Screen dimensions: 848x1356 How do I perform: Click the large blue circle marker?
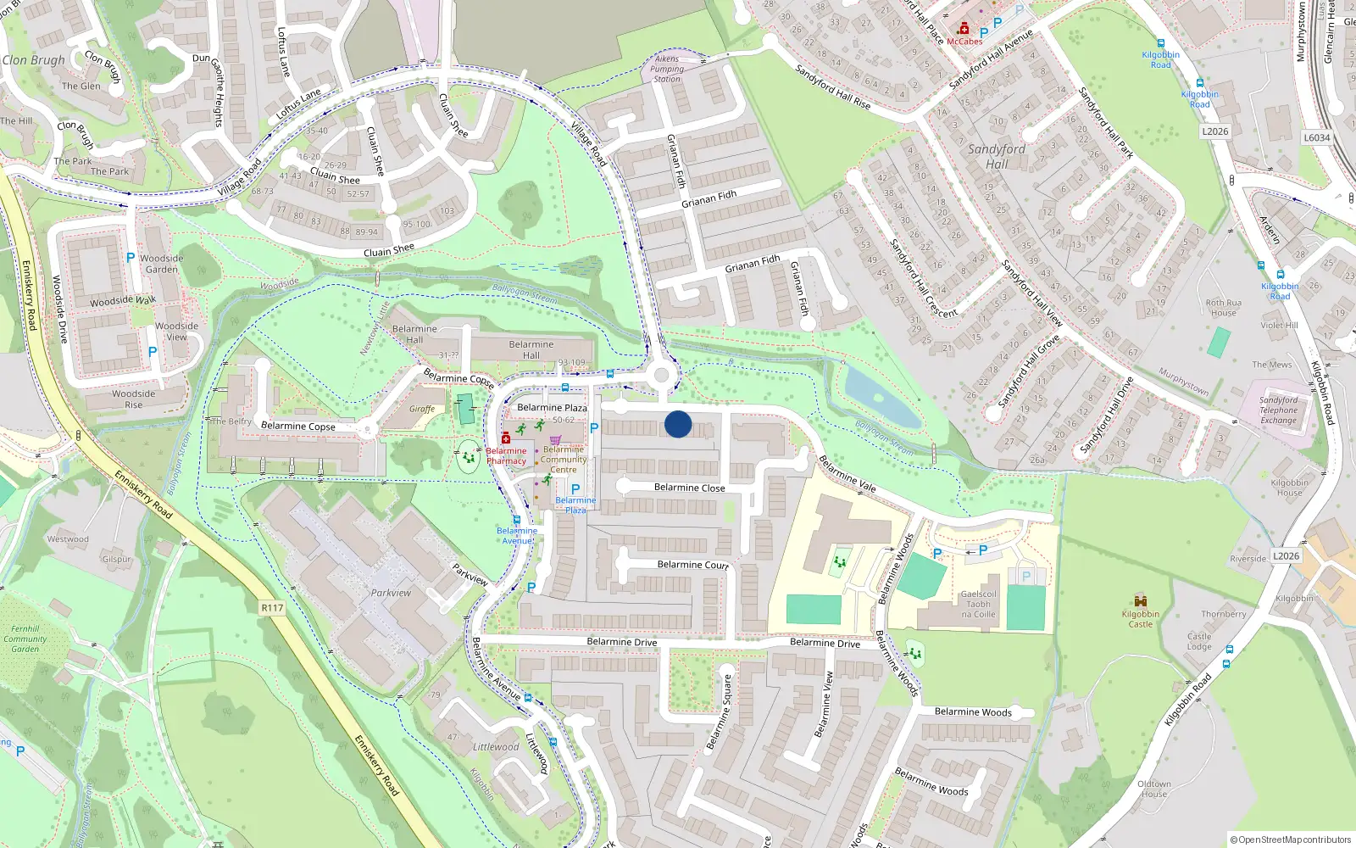click(x=678, y=424)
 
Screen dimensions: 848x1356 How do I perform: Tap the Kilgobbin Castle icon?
click(x=1140, y=601)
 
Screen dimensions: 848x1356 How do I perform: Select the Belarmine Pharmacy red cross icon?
click(x=505, y=438)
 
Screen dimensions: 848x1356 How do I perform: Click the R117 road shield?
click(x=272, y=608)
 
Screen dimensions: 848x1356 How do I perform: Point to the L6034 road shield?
click(x=1316, y=137)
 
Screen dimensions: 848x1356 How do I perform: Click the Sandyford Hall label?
click(x=997, y=156)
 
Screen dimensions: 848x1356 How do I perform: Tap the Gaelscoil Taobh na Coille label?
click(x=978, y=605)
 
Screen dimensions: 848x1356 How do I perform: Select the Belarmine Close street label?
click(x=689, y=488)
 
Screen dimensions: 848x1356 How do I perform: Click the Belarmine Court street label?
click(x=692, y=564)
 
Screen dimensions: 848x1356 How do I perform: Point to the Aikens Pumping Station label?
click(x=667, y=69)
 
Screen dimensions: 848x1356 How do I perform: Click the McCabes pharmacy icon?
click(x=964, y=29)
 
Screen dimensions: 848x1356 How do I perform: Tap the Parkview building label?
click(x=391, y=593)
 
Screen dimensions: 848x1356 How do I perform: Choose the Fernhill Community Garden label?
click(x=25, y=639)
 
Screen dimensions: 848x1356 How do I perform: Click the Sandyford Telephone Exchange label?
click(x=1278, y=410)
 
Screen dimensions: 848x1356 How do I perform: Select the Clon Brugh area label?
click(x=34, y=60)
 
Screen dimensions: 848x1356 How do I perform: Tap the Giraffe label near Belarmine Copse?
click(x=422, y=409)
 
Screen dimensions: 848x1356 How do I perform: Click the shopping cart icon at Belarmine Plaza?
click(x=555, y=438)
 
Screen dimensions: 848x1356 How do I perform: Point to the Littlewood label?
click(x=496, y=747)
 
